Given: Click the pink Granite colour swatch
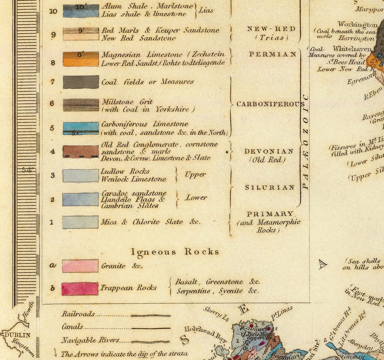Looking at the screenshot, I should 80,266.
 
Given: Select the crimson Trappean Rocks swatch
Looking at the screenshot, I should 80,289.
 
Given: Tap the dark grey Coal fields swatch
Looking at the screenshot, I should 81,82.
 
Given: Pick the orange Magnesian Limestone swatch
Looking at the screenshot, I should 81,59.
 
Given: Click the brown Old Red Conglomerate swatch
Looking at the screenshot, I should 81,151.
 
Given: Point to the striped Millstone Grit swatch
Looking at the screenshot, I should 81,105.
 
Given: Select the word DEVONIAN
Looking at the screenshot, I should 269,151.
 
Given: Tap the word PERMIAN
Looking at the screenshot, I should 273,55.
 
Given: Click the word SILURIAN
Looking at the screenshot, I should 270,187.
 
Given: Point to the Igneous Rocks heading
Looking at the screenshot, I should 175,252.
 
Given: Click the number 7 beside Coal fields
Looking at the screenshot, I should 52,81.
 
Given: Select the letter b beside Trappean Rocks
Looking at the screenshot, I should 52,289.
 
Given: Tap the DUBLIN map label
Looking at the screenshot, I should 17,335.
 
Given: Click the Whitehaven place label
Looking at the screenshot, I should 349,49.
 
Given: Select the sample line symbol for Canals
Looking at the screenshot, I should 151,328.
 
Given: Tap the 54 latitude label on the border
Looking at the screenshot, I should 27,169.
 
